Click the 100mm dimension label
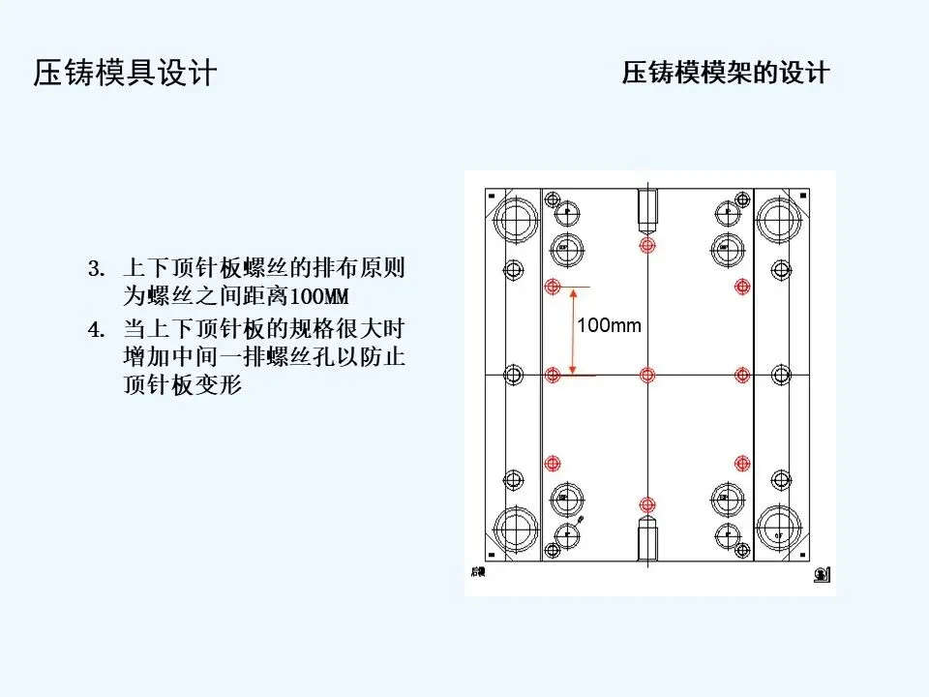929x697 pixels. click(x=610, y=325)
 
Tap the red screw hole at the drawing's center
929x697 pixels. click(x=646, y=375)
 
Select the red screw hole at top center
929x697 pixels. click(x=646, y=245)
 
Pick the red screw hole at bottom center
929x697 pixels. click(x=646, y=502)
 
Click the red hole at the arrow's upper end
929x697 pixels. click(x=553, y=287)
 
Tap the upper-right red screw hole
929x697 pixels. click(x=742, y=287)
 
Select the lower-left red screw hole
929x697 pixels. click(x=553, y=464)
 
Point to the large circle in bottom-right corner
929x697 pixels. click(x=778, y=530)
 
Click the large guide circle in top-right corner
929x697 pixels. click(x=778, y=221)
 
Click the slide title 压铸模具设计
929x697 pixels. click(x=125, y=74)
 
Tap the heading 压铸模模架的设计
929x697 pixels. click(x=726, y=74)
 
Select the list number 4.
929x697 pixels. click(x=95, y=330)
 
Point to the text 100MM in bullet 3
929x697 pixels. click(x=318, y=295)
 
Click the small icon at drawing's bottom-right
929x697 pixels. click(x=821, y=574)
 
